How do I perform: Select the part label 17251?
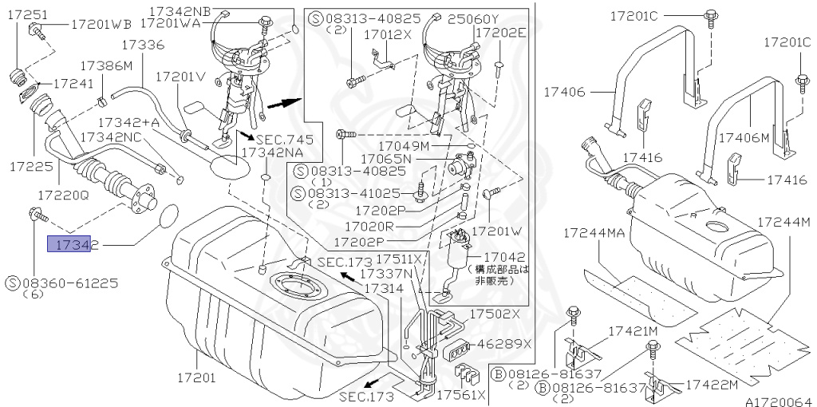click(27, 14)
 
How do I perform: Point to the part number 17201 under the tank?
click(196, 377)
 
